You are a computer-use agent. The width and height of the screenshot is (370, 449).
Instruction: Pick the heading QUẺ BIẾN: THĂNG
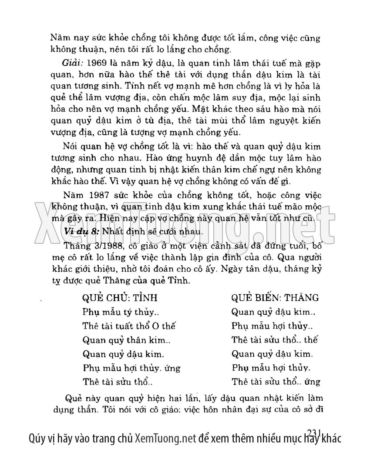pos(275,298)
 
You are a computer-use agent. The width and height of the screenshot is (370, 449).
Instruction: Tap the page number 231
pos(313,432)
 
